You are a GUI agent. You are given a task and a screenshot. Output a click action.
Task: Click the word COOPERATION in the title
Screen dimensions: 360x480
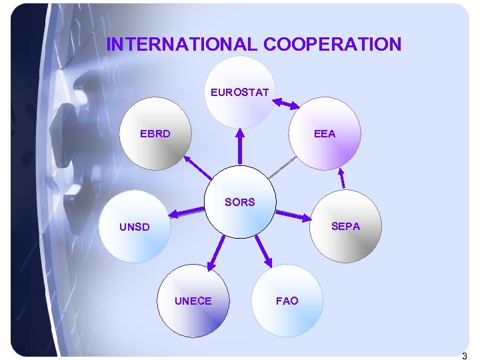tap(332, 44)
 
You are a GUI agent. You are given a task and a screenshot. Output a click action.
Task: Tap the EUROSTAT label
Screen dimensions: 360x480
tap(239, 92)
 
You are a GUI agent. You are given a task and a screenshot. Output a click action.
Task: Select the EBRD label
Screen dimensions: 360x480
tap(155, 133)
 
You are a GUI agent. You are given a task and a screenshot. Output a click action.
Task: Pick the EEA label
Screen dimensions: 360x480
tap(325, 133)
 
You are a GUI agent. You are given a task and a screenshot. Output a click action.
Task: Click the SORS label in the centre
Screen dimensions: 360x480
tap(239, 202)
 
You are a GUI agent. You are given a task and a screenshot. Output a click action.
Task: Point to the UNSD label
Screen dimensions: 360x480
tap(135, 227)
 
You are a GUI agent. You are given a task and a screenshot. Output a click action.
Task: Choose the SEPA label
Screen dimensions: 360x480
tap(345, 227)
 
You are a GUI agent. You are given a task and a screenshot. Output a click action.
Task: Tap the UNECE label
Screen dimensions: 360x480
tap(193, 301)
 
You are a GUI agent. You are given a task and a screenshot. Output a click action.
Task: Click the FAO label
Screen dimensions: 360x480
tap(287, 301)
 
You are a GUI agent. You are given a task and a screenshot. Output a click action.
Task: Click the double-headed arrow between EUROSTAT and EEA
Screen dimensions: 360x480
tap(287, 103)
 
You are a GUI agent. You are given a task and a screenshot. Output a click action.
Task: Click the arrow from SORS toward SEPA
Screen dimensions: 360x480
tap(293, 214)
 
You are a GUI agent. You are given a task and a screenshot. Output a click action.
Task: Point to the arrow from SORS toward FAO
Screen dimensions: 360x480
tap(262, 250)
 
